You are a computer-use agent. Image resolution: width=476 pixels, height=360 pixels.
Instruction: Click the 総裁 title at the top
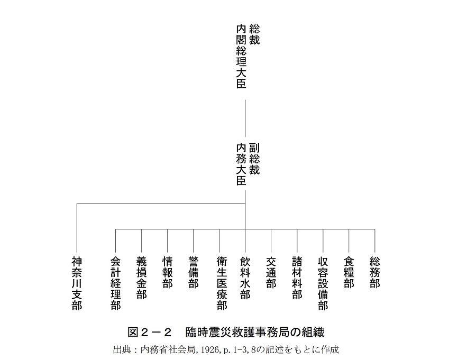(x=254, y=34)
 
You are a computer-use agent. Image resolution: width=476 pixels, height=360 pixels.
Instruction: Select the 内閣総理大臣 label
(x=241, y=57)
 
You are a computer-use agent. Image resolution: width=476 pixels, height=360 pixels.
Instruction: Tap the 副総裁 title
(x=254, y=159)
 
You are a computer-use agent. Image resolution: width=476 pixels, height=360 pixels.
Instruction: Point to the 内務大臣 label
(x=241, y=164)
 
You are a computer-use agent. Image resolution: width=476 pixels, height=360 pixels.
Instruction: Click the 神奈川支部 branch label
(x=77, y=283)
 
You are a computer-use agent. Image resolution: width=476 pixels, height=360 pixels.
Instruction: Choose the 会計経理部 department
(x=116, y=283)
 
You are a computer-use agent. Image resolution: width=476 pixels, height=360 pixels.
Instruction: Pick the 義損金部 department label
(x=141, y=278)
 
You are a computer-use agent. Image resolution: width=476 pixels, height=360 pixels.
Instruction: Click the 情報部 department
(x=168, y=272)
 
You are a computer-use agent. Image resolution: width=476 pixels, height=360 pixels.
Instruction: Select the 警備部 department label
(x=194, y=272)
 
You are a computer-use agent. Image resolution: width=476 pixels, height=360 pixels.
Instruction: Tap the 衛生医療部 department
(x=222, y=283)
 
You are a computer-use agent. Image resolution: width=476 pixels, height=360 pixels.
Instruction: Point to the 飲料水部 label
(x=245, y=278)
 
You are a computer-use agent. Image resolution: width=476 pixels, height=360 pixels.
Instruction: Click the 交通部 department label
(x=271, y=272)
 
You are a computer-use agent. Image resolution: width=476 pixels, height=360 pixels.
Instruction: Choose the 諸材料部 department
(x=297, y=278)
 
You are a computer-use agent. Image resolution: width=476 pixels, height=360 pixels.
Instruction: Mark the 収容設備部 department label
(x=323, y=283)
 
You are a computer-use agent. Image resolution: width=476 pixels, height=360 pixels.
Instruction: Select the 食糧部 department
(x=349, y=272)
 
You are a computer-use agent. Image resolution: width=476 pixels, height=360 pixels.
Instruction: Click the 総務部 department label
(x=375, y=272)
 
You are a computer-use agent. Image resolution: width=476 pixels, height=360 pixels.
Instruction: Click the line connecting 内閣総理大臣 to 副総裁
(x=245, y=118)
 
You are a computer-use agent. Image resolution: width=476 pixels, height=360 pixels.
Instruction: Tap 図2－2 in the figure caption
(x=150, y=333)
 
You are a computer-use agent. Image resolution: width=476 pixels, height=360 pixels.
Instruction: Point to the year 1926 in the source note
(x=209, y=350)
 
